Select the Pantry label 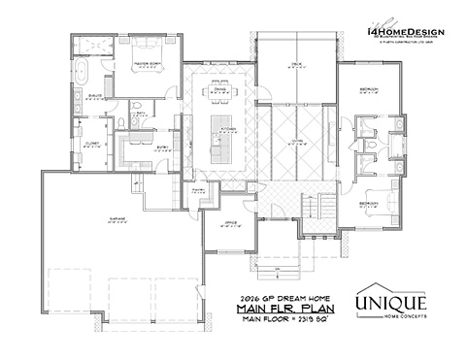(197, 190)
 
